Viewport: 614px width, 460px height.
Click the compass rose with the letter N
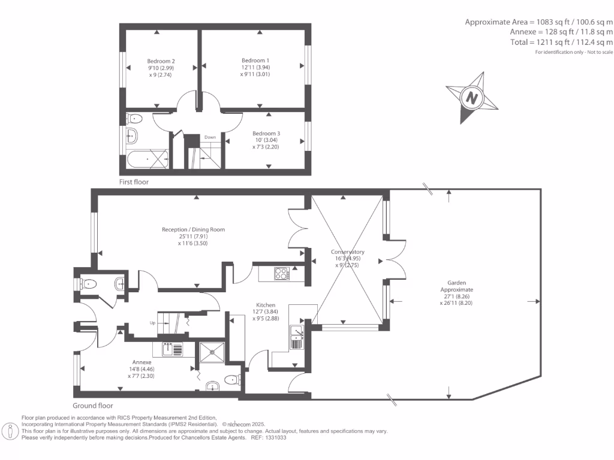472,98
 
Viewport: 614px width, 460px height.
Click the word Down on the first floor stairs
210,137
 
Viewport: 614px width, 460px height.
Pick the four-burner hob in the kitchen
281,274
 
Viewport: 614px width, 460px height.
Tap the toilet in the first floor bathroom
134,118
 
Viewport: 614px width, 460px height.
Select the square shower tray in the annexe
211,353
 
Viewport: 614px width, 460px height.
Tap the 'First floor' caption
134,181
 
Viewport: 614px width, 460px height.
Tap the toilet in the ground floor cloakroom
89,284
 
